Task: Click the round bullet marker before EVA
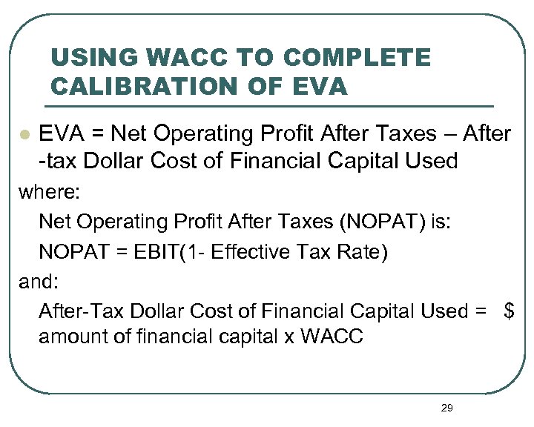(x=24, y=135)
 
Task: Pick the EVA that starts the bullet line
(x=59, y=134)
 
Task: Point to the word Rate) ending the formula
(x=360, y=252)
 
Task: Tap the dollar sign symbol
(x=509, y=311)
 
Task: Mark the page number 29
(x=446, y=407)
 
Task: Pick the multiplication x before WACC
(x=289, y=338)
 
